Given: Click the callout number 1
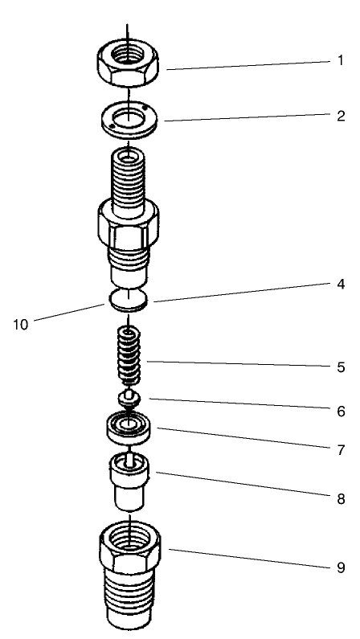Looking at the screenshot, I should (341, 60).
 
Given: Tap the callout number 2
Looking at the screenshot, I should (341, 116).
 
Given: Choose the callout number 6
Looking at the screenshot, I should (341, 411).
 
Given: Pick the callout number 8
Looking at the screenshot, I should (341, 499).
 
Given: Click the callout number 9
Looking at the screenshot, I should (341, 567).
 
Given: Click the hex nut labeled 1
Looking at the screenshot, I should (128, 62).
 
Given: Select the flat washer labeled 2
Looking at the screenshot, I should (128, 119).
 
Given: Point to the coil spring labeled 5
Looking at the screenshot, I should (129, 358).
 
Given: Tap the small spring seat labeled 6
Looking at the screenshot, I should (128, 397).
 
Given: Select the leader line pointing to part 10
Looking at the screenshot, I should (72, 313).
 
